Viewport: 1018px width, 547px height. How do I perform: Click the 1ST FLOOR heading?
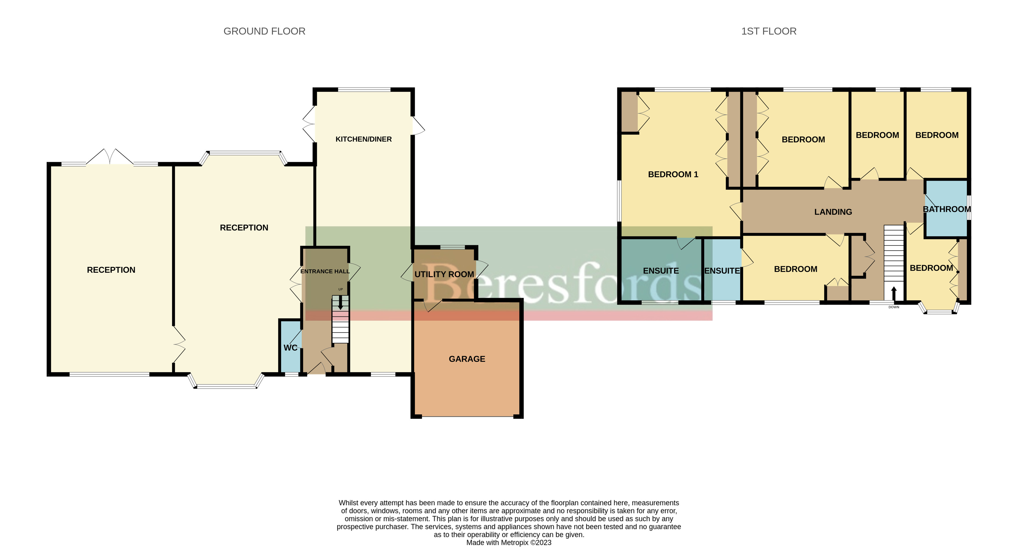point(768,31)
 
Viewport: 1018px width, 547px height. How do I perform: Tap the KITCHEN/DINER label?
point(363,139)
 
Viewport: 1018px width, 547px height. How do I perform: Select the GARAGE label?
point(467,359)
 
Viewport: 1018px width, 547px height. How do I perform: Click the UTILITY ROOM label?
point(444,274)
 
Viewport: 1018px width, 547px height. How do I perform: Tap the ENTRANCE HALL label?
point(325,271)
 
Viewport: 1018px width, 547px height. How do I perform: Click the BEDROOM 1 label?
point(673,174)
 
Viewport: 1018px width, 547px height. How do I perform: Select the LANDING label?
point(833,212)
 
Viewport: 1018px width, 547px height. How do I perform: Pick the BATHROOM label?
point(947,209)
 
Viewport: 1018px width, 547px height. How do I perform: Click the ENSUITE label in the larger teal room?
point(660,271)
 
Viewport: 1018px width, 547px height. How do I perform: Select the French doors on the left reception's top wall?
point(109,157)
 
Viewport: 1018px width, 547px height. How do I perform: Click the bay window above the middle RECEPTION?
point(244,153)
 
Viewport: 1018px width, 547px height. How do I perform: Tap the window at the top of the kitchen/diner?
point(364,90)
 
